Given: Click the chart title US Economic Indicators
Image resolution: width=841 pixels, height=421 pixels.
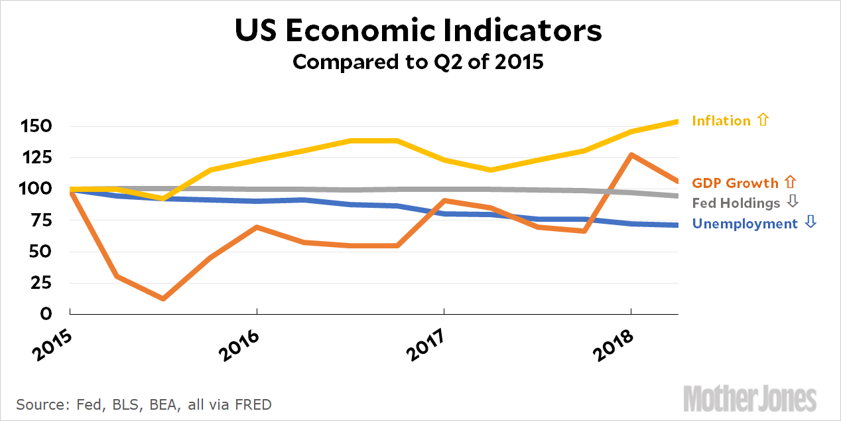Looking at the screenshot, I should [419, 31].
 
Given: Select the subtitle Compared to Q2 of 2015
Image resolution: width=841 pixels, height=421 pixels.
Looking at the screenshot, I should [419, 62].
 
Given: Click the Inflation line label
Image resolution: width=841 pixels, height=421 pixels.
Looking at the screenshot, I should [721, 121].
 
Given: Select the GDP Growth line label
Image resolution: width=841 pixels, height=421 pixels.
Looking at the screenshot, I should [735, 183].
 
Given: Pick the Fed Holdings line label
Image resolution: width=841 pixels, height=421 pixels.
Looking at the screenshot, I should [736, 203].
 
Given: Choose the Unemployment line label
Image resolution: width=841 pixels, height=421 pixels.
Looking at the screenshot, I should [745, 224].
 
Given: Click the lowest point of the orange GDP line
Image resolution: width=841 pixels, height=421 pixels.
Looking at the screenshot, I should [162, 299].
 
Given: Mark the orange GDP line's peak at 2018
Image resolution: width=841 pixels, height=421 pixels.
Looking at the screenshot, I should [631, 155].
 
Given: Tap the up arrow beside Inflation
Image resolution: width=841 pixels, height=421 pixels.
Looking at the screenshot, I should [762, 120].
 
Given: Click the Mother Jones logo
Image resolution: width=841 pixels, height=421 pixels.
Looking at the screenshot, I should [750, 399].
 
